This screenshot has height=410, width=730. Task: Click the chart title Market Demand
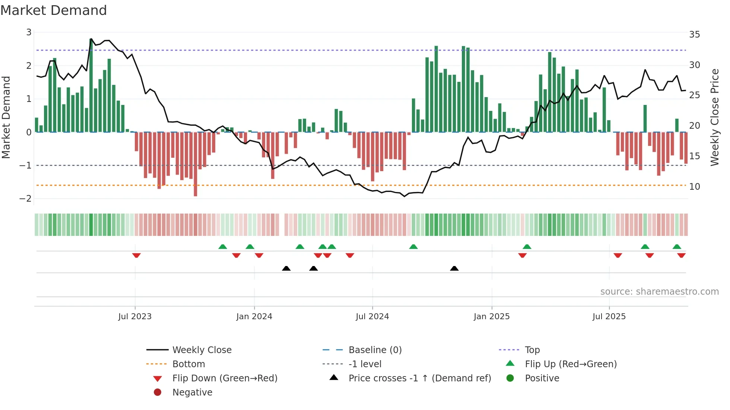click(x=54, y=10)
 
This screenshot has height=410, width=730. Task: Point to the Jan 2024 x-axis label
click(x=254, y=316)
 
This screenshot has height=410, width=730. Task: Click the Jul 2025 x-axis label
click(x=609, y=316)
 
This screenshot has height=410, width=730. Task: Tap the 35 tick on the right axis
click(x=694, y=35)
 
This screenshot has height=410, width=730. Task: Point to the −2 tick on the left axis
click(x=25, y=198)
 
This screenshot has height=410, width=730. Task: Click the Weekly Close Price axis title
click(x=714, y=117)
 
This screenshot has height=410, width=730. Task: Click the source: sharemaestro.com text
click(x=659, y=291)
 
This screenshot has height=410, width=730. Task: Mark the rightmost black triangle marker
click(x=454, y=268)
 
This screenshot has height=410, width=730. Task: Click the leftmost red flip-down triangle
click(x=136, y=255)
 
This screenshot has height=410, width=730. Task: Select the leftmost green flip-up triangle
click(x=222, y=246)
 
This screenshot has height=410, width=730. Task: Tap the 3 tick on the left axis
click(x=29, y=32)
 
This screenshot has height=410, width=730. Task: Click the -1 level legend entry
click(x=365, y=364)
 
